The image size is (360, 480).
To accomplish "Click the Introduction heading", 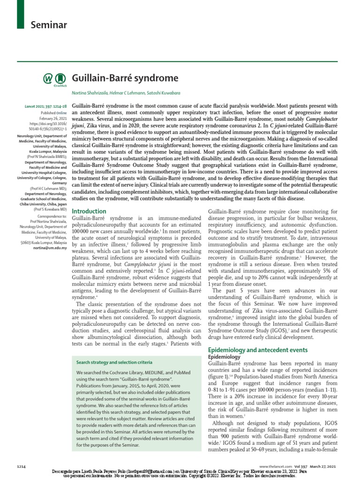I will (x=89, y=211).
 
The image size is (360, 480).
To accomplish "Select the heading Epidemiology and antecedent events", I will (x=257, y=350).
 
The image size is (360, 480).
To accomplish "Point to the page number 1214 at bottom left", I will (x=22, y=466).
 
